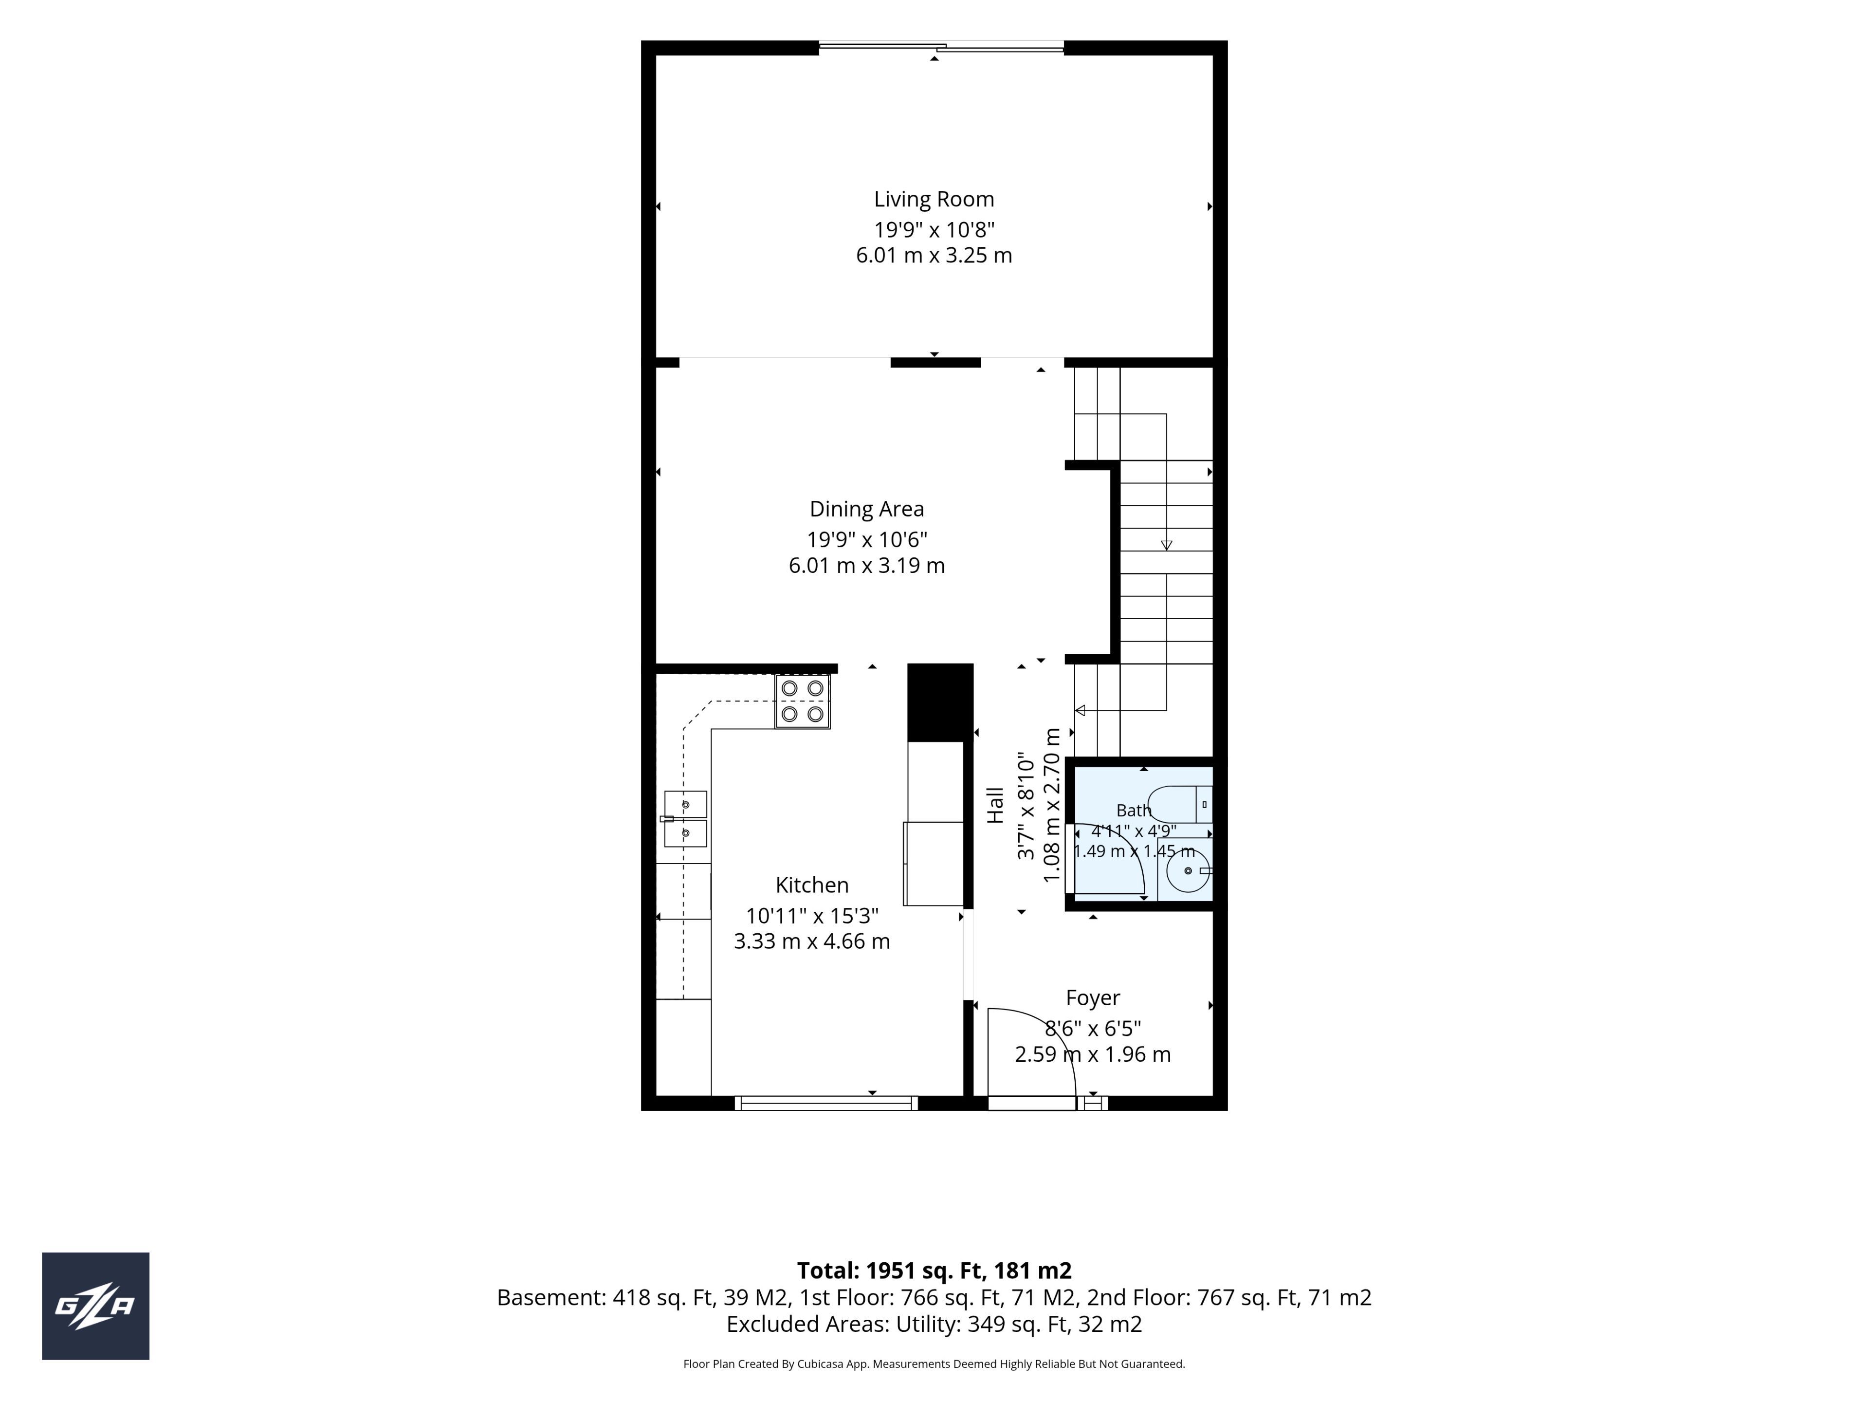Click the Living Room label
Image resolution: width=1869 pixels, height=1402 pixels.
click(x=934, y=200)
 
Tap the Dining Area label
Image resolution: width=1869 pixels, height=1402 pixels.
click(x=867, y=509)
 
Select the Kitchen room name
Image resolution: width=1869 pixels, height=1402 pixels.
click(x=812, y=885)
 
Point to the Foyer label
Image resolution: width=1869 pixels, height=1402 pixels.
click(x=1093, y=998)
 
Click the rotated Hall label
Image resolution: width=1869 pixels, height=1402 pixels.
click(x=995, y=805)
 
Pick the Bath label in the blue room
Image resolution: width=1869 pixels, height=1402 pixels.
click(x=1134, y=811)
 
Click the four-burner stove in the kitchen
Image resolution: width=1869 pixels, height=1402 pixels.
click(x=803, y=701)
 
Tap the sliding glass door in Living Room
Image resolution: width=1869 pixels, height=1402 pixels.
click(x=941, y=47)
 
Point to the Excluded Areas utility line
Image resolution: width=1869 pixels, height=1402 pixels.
click(x=934, y=1324)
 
